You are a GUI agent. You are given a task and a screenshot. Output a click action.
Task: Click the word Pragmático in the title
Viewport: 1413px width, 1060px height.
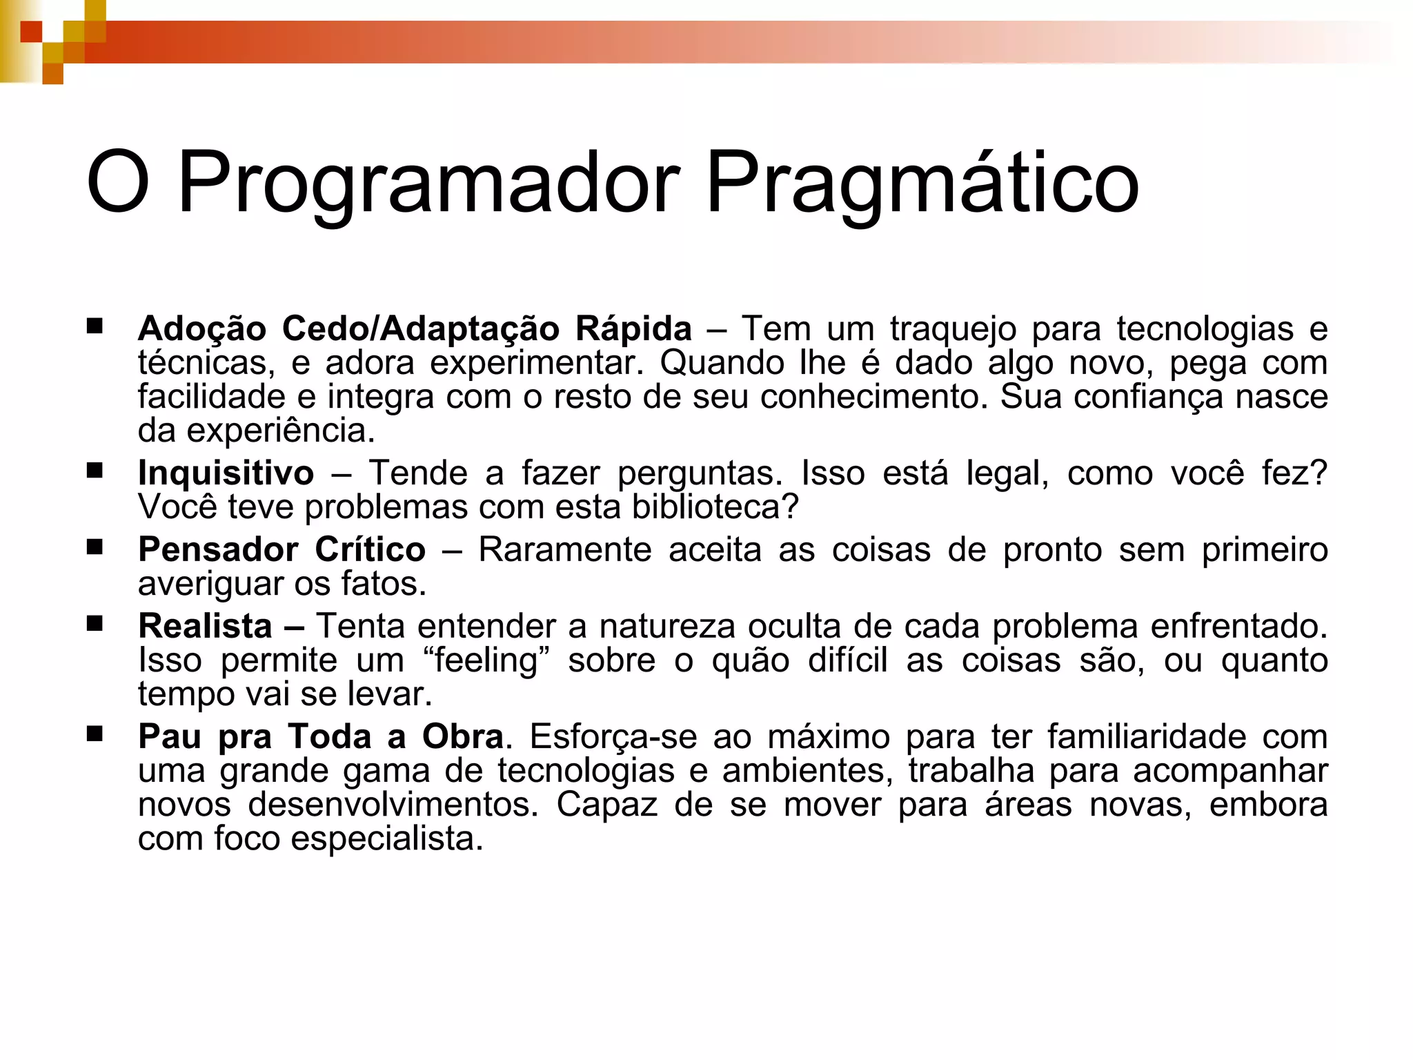pos(922,184)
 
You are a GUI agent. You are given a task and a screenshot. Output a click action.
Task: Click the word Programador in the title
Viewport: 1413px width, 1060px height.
pos(428,184)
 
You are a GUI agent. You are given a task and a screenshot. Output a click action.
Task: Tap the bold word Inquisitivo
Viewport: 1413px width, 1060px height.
pos(226,473)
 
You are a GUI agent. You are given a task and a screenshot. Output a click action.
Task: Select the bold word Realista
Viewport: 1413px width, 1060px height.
pos(205,627)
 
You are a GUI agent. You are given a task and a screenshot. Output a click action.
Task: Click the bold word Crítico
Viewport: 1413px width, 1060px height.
pos(370,550)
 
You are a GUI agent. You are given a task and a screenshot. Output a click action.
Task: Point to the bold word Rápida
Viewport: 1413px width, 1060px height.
pos(633,328)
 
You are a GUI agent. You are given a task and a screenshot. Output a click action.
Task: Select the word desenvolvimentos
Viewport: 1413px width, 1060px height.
pos(393,805)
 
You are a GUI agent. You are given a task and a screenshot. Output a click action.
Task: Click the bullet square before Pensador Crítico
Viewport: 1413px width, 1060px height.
pos(95,547)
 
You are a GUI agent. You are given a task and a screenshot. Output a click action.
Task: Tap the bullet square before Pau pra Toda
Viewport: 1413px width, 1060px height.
pos(95,734)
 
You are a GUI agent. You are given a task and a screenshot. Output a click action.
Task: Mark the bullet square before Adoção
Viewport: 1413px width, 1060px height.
pos(95,326)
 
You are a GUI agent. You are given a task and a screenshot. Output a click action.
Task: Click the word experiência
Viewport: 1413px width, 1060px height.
pos(280,431)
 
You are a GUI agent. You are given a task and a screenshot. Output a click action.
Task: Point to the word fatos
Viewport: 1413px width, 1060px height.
pos(384,584)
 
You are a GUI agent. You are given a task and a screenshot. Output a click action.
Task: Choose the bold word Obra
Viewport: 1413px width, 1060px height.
pos(462,737)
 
